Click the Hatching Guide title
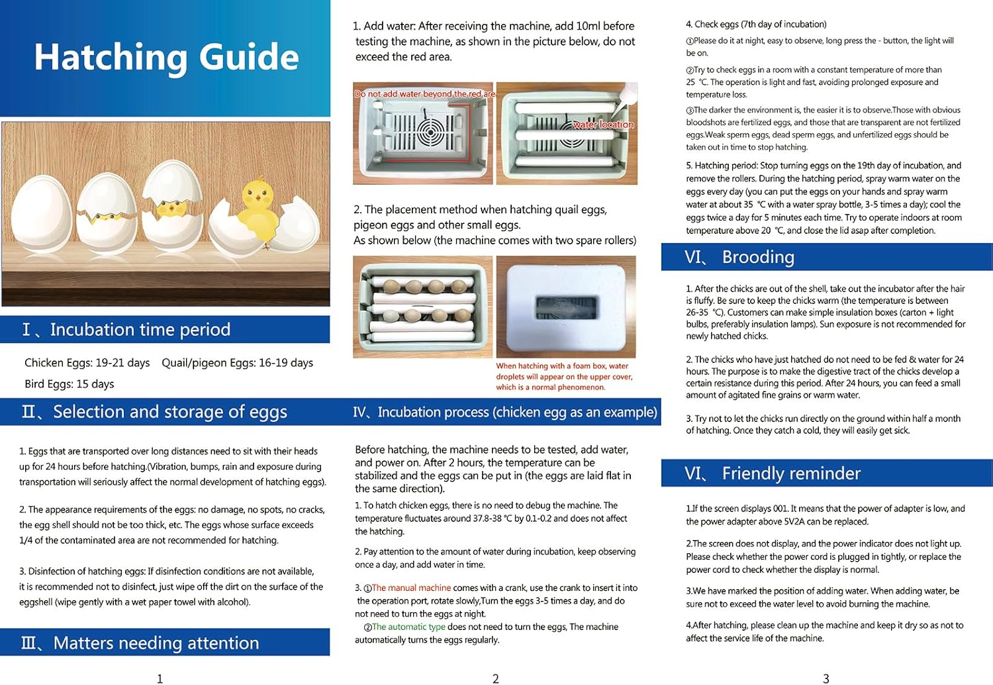(166, 57)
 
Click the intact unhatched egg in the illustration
(41, 219)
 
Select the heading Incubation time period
(140, 329)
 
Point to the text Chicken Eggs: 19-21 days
(87, 363)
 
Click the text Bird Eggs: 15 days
(69, 384)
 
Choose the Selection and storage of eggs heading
(169, 412)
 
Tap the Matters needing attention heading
(156, 643)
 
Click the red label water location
(603, 125)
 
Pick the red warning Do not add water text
(424, 94)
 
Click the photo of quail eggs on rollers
(422, 307)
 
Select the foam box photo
(566, 307)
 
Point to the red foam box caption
(564, 376)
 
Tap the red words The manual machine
(411, 588)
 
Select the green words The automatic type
(408, 627)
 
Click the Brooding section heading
(758, 257)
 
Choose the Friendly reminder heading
(791, 473)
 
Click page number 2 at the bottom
(495, 678)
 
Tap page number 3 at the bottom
(826, 678)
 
